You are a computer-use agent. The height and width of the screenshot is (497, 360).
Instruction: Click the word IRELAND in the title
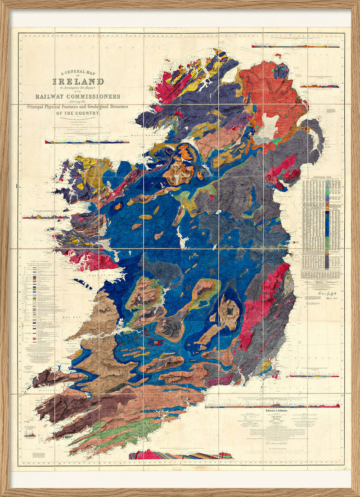[79, 82]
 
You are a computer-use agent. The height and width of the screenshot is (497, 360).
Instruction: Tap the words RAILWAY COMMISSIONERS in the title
[79, 97]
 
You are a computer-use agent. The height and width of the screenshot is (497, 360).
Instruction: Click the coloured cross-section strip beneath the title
[81, 141]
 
